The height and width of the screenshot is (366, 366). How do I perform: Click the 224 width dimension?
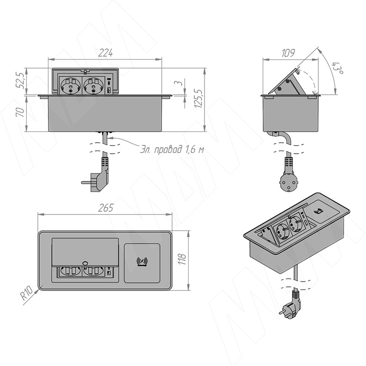[x=106, y=53]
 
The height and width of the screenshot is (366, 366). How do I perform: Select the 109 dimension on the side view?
[x=288, y=53]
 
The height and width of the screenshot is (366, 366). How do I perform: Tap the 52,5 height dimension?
[x=20, y=80]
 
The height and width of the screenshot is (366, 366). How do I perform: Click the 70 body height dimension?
[x=20, y=112]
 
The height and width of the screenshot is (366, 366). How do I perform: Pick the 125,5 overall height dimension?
[x=199, y=98]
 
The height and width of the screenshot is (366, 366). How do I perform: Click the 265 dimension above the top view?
[x=106, y=208]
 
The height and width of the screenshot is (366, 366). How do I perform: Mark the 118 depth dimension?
[x=182, y=259]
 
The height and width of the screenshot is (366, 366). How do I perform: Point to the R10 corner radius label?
[x=27, y=293]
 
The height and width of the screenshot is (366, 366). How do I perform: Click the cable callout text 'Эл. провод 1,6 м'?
[x=172, y=150]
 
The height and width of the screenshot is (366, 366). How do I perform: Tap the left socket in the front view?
[x=71, y=86]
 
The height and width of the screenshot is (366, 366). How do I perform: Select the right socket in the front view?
[x=93, y=86]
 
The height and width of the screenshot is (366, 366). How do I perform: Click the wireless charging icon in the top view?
[x=142, y=261]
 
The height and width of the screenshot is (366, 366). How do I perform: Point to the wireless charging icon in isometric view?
[x=318, y=212]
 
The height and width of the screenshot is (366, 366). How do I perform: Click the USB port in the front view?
[x=109, y=90]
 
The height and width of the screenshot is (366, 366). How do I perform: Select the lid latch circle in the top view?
[x=86, y=263]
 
